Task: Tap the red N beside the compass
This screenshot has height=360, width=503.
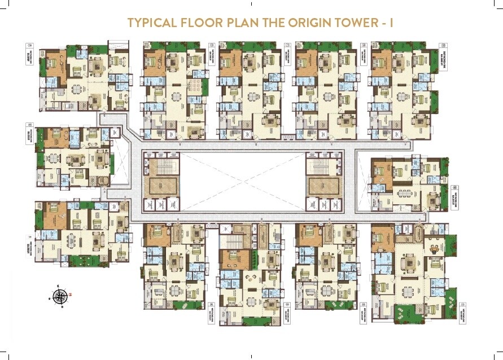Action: pyautogui.click(x=71, y=294)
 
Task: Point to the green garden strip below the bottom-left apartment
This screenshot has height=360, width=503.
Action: pyautogui.click(x=85, y=260)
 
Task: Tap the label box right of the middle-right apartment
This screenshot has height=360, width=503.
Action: pyautogui.click(x=454, y=195)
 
